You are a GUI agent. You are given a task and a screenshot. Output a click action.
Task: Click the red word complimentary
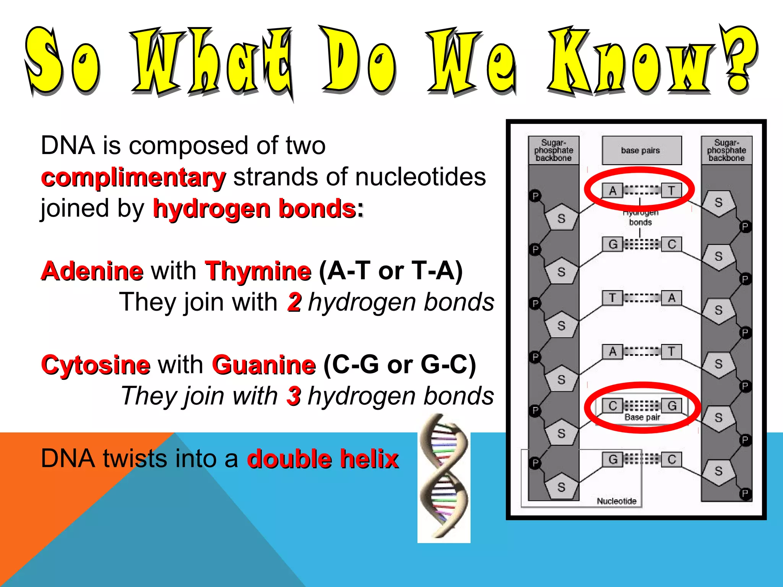point(133,178)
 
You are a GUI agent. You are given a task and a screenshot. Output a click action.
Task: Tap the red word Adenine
point(92,271)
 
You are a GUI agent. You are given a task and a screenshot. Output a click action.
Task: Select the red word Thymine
point(258,271)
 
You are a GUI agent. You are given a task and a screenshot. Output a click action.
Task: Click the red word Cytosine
point(96,365)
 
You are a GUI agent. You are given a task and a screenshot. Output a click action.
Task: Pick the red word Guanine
point(264,365)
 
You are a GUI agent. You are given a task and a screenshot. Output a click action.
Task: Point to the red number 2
point(294,302)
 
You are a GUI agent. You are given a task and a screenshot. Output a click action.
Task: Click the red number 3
point(294,396)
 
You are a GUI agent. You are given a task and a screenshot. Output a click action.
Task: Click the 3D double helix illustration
point(443,478)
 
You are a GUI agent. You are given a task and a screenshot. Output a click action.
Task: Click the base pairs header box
point(642,150)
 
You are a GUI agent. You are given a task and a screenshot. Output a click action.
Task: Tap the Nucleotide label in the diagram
point(616,501)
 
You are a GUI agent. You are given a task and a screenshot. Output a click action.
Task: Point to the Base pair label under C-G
point(642,417)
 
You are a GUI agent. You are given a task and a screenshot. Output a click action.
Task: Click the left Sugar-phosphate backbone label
point(553,150)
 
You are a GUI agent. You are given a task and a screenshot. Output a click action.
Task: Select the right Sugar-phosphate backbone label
point(726,150)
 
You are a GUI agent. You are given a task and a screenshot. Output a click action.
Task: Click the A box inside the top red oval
point(612,190)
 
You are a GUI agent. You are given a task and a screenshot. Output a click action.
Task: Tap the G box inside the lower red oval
point(672,405)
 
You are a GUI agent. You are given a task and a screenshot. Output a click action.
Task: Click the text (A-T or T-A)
point(390,271)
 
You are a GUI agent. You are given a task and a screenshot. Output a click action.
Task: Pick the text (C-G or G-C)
point(400,365)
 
